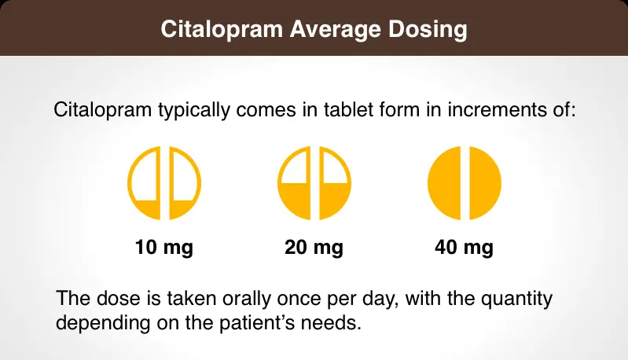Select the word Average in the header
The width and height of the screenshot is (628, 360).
click(331, 30)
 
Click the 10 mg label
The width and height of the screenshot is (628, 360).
click(164, 248)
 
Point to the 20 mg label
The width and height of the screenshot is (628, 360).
click(314, 248)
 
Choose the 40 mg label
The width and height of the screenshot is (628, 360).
click(464, 248)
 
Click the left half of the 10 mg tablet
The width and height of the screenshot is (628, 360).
click(146, 184)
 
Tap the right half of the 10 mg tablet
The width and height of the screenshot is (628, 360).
click(184, 184)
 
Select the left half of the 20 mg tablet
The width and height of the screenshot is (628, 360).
click(296, 184)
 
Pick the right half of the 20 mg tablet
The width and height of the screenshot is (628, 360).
click(333, 184)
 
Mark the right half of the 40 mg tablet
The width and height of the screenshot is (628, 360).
click(483, 184)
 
